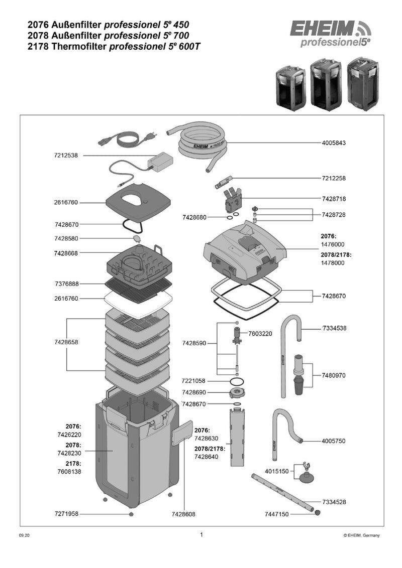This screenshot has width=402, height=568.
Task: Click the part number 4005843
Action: (x=334, y=143)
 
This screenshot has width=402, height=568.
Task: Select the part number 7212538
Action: (x=66, y=156)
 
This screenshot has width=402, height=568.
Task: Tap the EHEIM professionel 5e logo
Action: (x=329, y=34)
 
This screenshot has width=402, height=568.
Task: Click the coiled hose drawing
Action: (x=204, y=145)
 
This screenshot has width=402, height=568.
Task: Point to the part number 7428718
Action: (x=334, y=199)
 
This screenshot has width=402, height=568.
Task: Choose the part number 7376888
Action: (x=66, y=284)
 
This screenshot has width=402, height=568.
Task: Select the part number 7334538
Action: (x=334, y=328)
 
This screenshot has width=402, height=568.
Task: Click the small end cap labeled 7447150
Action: (x=318, y=512)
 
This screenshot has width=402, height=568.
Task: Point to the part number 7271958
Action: (x=66, y=514)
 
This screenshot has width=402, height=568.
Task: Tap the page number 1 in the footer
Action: (x=202, y=534)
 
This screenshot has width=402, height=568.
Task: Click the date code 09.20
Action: (x=25, y=536)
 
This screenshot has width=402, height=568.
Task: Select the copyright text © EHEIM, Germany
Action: (x=361, y=536)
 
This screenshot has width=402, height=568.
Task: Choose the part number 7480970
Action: (x=334, y=375)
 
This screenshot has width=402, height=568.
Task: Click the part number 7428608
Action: (x=183, y=514)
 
